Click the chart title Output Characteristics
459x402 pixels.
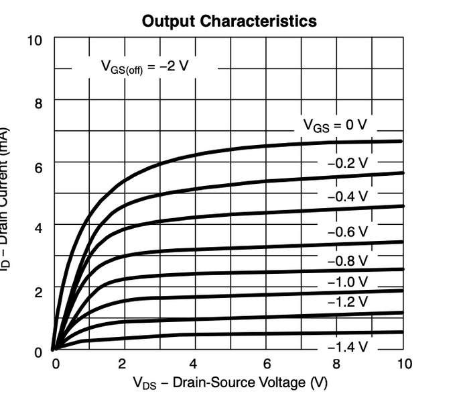(x=229, y=21)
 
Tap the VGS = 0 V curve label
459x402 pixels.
(x=335, y=125)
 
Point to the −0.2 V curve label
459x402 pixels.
(x=348, y=162)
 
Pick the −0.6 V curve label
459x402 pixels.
(x=348, y=231)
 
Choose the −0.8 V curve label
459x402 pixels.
(x=348, y=260)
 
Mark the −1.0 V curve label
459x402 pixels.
(x=348, y=281)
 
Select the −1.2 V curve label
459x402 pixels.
(x=348, y=301)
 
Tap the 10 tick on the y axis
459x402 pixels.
(x=34, y=40)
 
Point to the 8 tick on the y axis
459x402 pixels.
(x=38, y=104)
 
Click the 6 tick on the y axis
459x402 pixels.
(x=38, y=167)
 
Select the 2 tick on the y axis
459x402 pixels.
(x=38, y=293)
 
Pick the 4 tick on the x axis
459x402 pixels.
(x=194, y=364)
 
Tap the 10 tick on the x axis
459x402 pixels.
(x=404, y=364)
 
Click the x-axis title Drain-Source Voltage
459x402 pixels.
(x=230, y=384)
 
